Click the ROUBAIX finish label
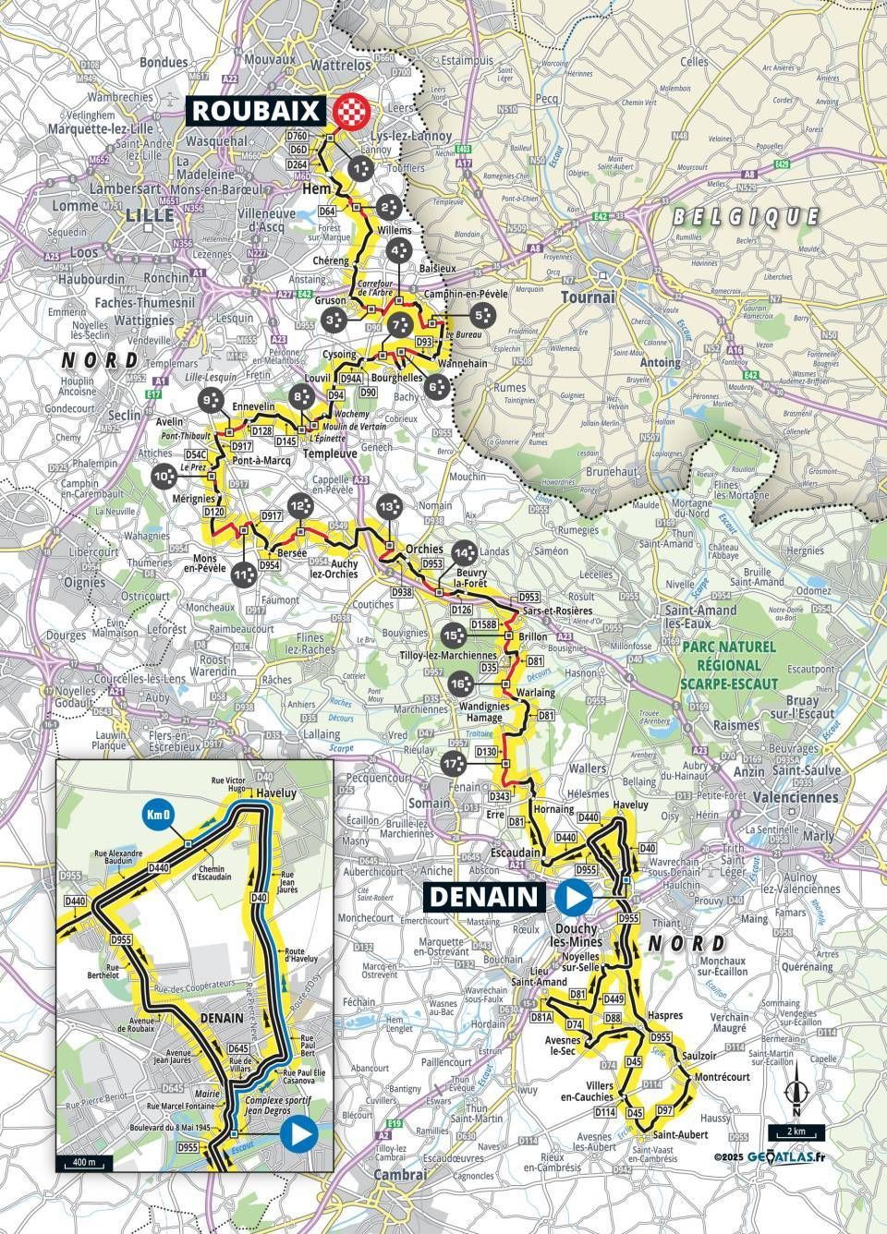tap(258, 111)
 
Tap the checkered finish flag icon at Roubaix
tap(351, 111)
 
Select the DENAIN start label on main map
tap(482, 895)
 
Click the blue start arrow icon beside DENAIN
tap(574, 895)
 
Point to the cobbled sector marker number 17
tap(452, 763)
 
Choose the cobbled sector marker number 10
tap(164, 477)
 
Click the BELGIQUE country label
tap(747, 217)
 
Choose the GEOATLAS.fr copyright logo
tap(781, 1155)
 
